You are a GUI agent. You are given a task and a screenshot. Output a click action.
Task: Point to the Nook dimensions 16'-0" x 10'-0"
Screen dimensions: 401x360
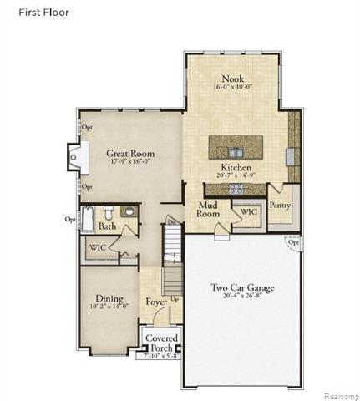tap(232, 87)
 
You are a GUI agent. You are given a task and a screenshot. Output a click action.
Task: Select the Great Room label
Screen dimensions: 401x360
tap(131, 154)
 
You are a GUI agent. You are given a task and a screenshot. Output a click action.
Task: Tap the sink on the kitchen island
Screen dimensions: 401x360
tap(235, 150)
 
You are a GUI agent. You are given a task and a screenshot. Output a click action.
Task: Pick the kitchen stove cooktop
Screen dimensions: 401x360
tap(236, 190)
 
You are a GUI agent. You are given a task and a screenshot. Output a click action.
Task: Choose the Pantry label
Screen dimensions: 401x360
tap(279, 205)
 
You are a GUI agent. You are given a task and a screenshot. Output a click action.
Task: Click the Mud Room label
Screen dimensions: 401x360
tap(208, 209)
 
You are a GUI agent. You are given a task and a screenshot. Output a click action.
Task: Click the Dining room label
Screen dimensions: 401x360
tap(109, 299)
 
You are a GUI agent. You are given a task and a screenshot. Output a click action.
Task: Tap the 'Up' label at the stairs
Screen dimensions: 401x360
tap(174, 298)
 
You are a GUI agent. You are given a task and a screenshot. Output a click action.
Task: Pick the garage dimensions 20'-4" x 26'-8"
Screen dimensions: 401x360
tap(242, 297)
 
